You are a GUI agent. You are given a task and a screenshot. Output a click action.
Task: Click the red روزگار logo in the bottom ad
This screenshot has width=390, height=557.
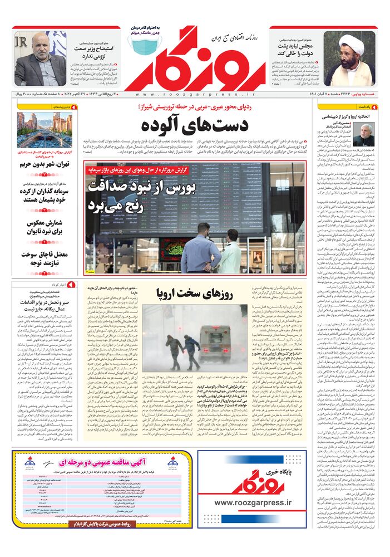[249, 480]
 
